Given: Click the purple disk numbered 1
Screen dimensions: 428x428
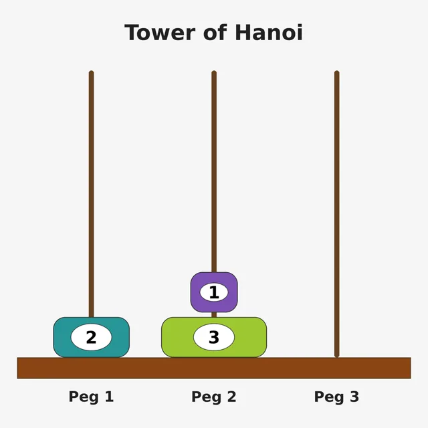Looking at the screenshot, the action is (x=214, y=292).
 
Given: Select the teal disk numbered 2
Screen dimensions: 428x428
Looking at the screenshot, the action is (x=91, y=337).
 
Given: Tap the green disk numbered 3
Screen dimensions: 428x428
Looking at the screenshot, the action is (x=214, y=337).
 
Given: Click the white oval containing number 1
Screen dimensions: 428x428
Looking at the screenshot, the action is (x=214, y=292).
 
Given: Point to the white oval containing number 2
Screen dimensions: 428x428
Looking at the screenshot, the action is (x=91, y=337).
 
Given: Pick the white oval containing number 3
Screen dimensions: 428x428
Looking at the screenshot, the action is (x=214, y=337).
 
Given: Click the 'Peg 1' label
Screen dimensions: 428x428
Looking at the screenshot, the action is (x=91, y=397).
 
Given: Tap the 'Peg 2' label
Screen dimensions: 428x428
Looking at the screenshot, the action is (x=214, y=397).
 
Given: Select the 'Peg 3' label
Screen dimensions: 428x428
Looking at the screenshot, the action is (x=336, y=397).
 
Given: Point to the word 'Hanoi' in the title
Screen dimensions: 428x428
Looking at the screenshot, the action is (x=269, y=33).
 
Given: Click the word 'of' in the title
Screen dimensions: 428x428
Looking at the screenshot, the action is (x=215, y=33).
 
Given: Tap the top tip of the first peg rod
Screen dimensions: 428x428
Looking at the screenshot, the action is (x=91, y=72).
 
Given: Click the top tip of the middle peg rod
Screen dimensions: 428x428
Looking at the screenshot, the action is (x=214, y=72).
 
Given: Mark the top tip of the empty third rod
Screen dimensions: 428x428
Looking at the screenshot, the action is (x=337, y=72).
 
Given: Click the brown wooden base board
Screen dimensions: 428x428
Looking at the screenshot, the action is (x=214, y=368).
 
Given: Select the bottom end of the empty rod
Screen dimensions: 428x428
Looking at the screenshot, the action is (x=337, y=356).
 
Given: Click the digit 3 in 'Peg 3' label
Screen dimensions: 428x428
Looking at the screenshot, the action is (x=354, y=397).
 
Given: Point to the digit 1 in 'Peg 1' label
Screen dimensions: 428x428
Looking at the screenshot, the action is (x=109, y=397).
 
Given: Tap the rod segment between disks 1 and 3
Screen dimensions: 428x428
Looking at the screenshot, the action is (x=214, y=315).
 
